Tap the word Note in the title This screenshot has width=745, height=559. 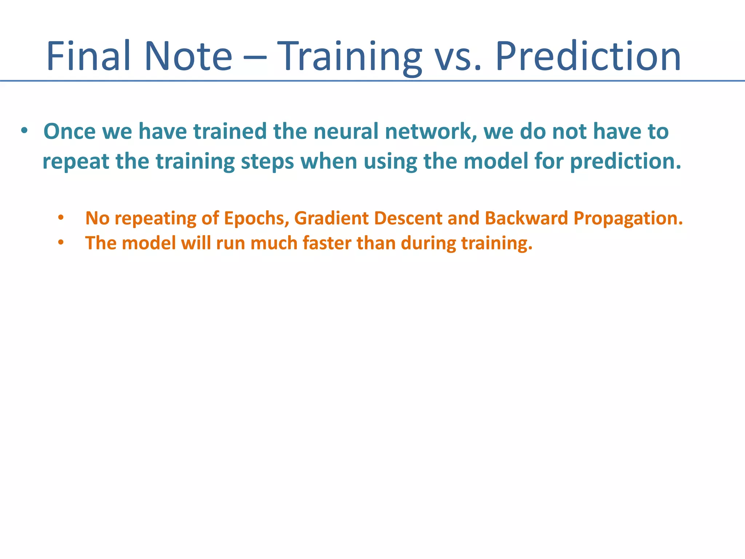pos(188,56)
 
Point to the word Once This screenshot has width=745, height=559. pos(69,131)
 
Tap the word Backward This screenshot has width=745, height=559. pos(526,218)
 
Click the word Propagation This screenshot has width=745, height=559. pos(628,219)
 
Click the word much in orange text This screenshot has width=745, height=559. pos(274,243)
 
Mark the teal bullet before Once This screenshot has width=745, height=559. pos(24,131)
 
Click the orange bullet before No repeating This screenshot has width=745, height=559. pos(61,218)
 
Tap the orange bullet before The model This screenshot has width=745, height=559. pos(61,243)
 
